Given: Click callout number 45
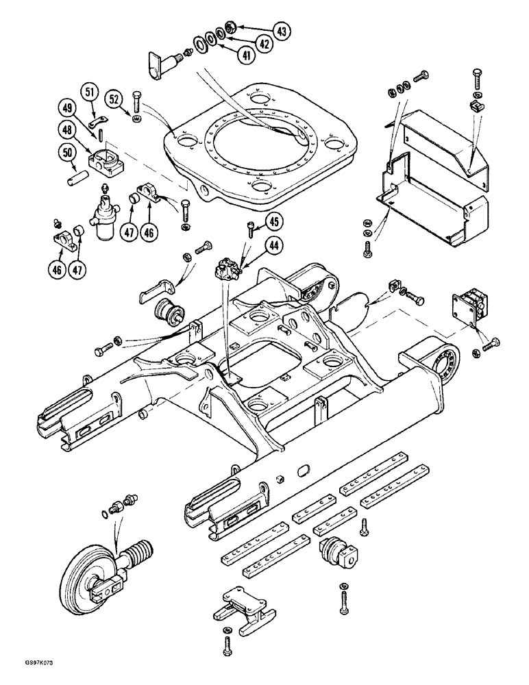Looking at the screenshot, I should [273, 221].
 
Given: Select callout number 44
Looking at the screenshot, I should [273, 243].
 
